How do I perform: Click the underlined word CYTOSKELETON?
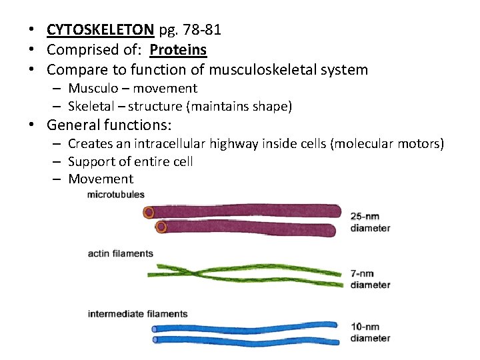100,30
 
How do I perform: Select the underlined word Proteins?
178,50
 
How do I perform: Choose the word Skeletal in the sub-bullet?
92,107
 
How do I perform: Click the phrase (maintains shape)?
239,107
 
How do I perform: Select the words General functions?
109,125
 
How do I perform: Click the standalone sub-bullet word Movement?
101,179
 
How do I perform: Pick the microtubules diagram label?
115,195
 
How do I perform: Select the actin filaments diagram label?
120,254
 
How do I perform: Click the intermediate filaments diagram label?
137,314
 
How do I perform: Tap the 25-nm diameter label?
370,222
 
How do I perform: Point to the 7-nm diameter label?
370,279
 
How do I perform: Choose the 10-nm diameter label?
370,332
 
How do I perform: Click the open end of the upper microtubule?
149,213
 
